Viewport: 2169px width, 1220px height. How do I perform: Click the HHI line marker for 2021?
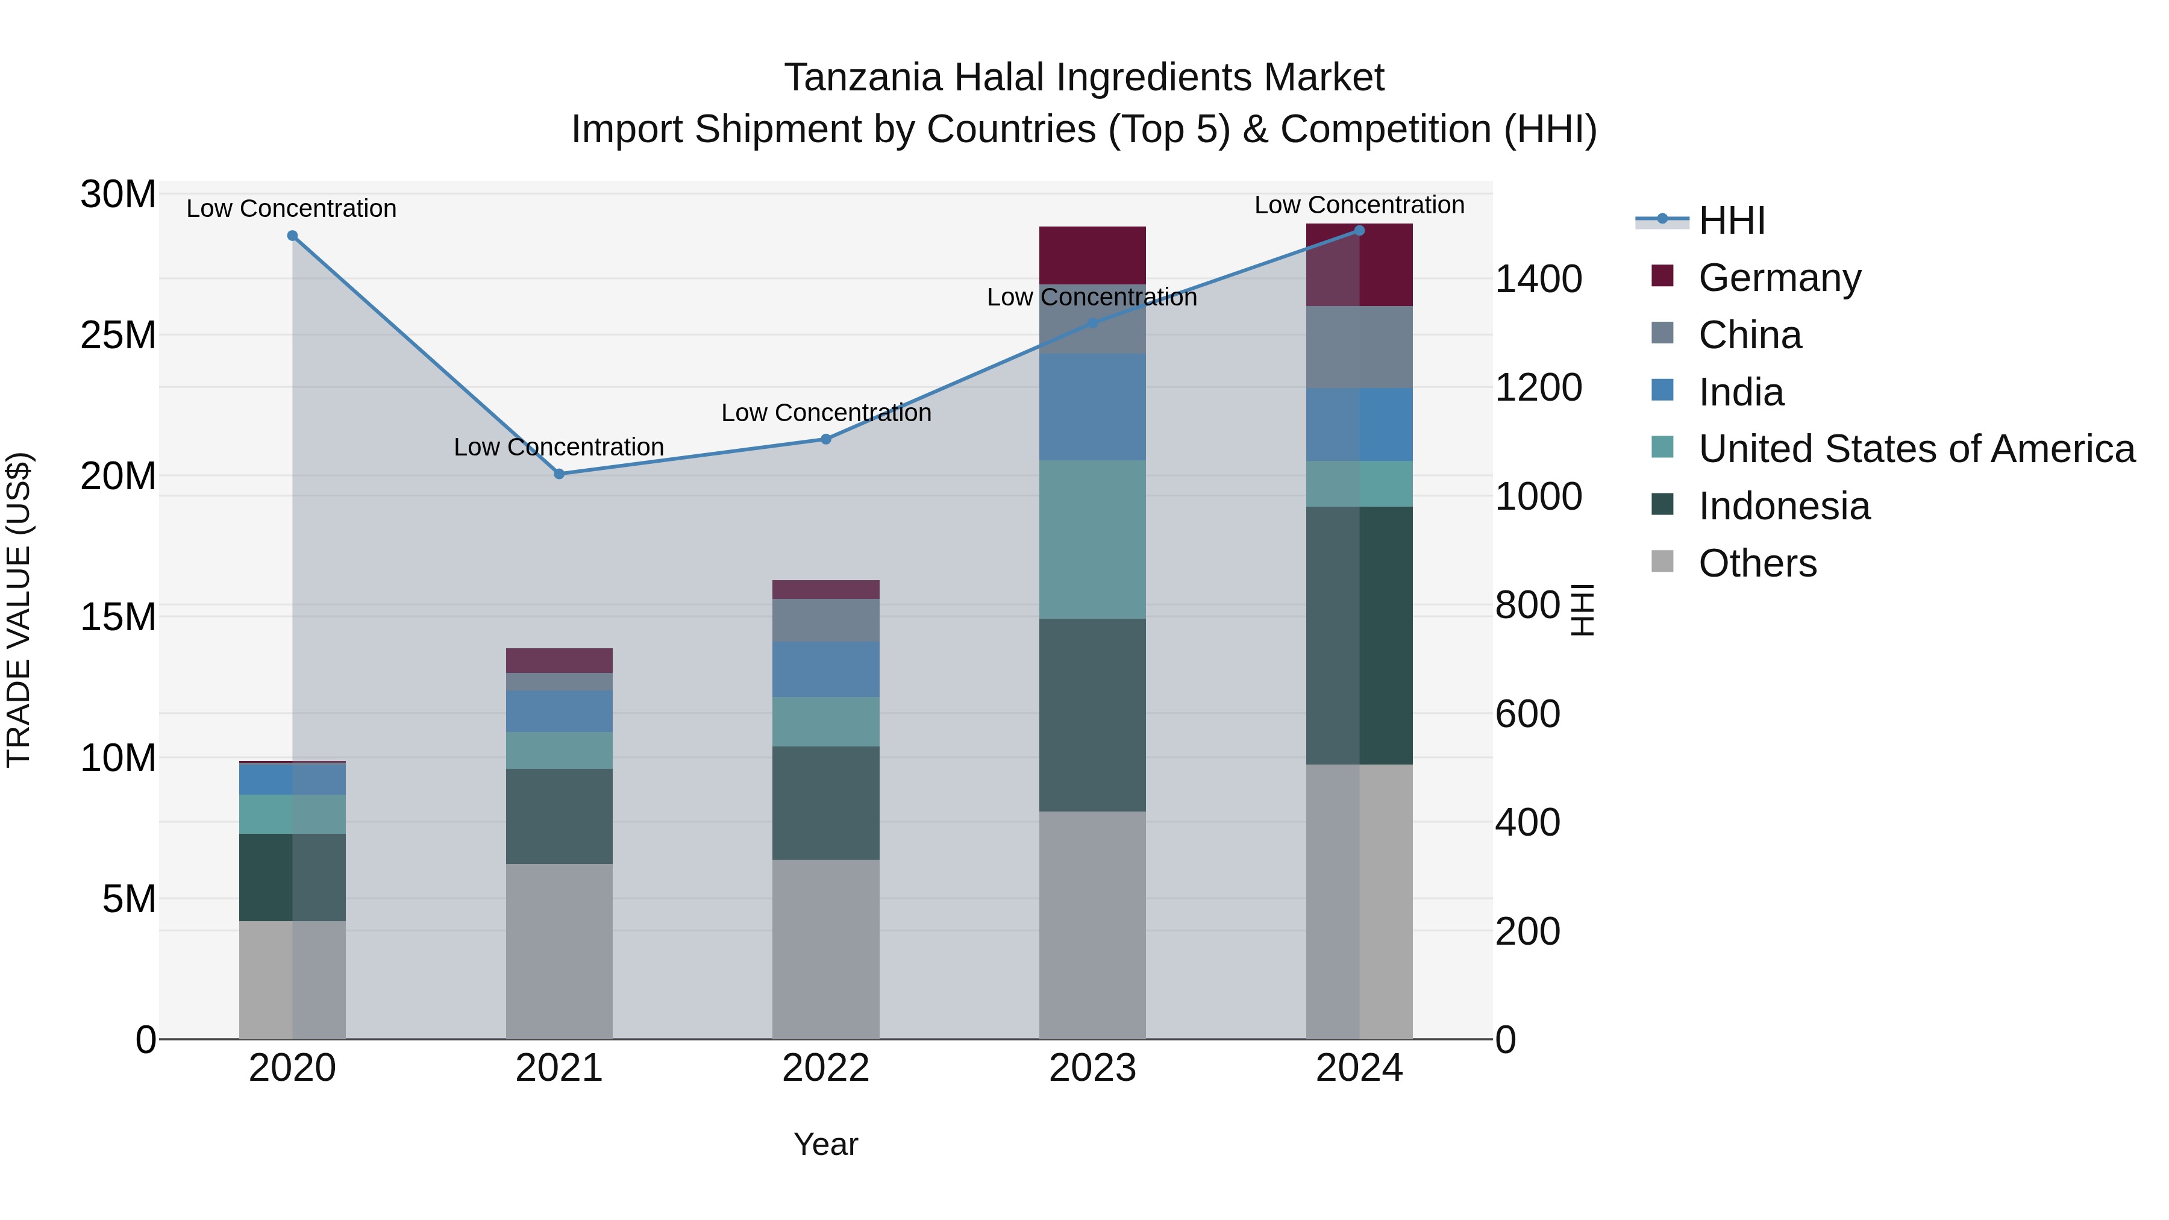559,474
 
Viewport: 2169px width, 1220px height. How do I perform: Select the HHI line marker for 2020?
292,236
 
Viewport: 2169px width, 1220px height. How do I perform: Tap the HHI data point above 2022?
826,439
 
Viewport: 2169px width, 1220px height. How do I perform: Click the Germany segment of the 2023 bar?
1092,255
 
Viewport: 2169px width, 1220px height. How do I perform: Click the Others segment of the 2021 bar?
559,951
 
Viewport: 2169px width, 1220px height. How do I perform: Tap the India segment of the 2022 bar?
826,669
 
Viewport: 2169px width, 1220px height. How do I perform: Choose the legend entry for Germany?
1779,278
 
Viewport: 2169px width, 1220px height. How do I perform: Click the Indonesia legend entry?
1783,506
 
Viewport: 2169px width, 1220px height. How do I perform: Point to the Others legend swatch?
1662,562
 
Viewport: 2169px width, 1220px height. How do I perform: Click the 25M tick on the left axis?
118,335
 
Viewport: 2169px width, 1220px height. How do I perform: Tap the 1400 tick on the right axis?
1538,279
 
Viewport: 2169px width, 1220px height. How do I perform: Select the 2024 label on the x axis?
1359,1068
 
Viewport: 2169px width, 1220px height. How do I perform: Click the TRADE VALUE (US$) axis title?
19,610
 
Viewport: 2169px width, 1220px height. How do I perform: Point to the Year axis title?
825,1144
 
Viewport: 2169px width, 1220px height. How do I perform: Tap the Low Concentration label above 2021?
559,446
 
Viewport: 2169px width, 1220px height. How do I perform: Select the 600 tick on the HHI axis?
1527,714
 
